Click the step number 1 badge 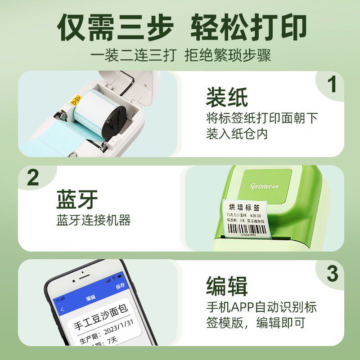tap(333, 85)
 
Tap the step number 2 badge tap(33, 178)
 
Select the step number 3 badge tap(333, 273)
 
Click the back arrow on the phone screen tap(62, 309)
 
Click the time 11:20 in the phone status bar tap(60, 299)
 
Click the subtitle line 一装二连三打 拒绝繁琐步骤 tap(180, 56)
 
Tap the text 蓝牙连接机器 tap(94, 220)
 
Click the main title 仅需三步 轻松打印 tap(180, 28)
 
